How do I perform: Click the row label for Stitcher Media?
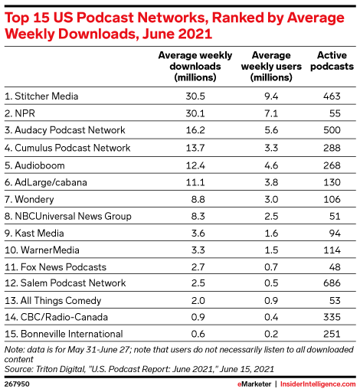[41, 96]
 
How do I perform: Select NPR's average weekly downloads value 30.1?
[195, 113]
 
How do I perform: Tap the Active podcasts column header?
[332, 60]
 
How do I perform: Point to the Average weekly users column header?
[271, 67]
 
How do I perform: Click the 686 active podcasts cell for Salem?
[332, 283]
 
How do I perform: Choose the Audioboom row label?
[34, 165]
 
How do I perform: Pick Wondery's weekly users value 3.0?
[271, 199]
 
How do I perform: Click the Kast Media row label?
[34, 234]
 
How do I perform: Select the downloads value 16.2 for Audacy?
[195, 130]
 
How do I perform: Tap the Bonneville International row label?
[64, 334]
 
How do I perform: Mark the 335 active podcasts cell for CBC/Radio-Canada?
[332, 317]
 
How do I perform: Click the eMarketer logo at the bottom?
[254, 384]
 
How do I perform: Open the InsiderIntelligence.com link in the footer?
[318, 384]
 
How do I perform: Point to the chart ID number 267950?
[17, 384]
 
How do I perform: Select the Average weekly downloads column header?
[195, 67]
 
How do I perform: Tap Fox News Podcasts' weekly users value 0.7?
[271, 267]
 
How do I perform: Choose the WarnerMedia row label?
[42, 250]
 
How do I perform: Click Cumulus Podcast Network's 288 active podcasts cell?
[332, 148]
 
